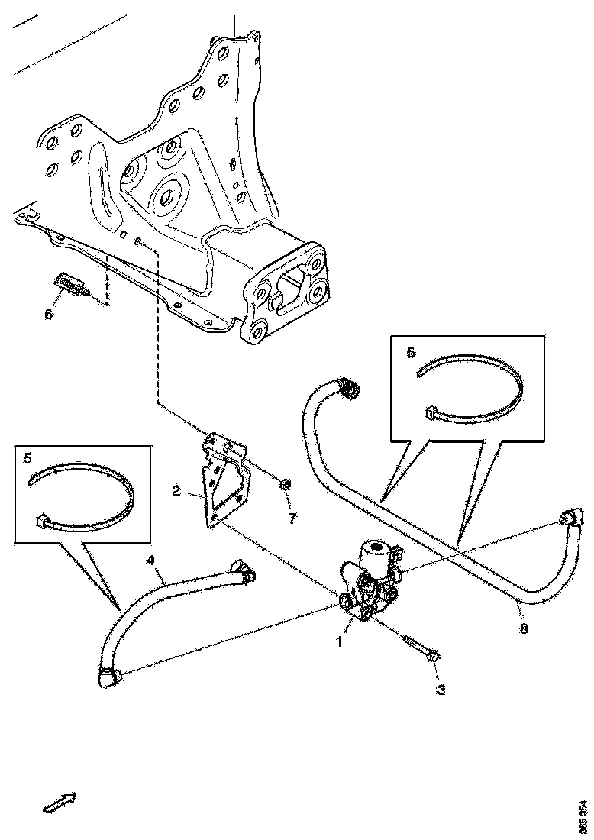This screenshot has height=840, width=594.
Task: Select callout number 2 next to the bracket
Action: [176, 491]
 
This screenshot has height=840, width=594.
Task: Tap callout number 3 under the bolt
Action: [440, 690]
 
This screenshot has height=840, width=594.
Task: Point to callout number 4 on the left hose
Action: [150, 561]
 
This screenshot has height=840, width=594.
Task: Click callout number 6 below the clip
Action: [49, 314]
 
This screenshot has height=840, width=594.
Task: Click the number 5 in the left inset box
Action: [28, 458]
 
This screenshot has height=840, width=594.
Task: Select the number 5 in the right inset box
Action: [411, 352]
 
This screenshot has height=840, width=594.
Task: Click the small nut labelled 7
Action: [283, 483]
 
